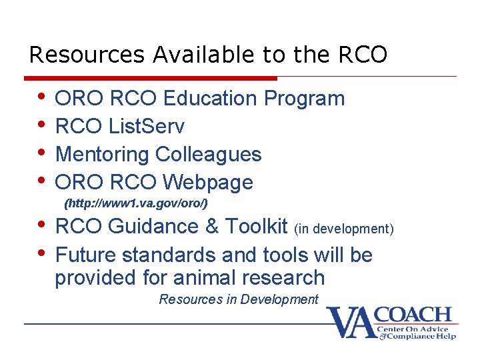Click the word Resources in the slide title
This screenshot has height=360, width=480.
point(87,55)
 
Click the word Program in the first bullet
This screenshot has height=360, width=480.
point(305,99)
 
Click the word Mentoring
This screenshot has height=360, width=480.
point(103,154)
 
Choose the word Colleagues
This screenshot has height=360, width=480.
point(209,154)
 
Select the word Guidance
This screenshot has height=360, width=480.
point(153,227)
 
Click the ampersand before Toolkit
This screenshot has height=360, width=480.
point(212,227)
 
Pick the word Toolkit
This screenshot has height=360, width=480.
point(257,227)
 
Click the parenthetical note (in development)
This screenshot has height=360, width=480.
point(344,229)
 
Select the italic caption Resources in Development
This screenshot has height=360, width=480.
point(239,299)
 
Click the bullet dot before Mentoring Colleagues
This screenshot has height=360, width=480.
point(42,153)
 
